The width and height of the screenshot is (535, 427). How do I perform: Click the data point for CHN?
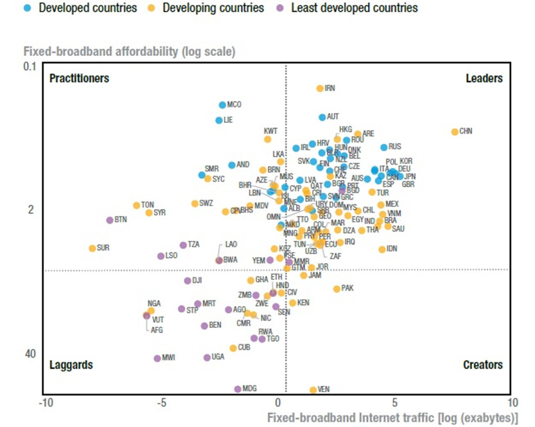pyautogui.click(x=455, y=132)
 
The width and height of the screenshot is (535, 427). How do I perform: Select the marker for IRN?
pyautogui.click(x=320, y=88)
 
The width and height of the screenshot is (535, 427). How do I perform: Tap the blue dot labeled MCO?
pyautogui.click(x=222, y=105)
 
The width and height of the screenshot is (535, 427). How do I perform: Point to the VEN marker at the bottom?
pyautogui.click(x=313, y=390)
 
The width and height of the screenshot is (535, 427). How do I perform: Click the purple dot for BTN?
pyautogui.click(x=110, y=220)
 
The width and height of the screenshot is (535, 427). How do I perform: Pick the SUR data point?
pyautogui.click(x=92, y=248)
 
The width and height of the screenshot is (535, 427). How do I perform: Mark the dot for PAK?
pyautogui.click(x=337, y=289)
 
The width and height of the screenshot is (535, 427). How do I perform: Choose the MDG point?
pyautogui.click(x=238, y=389)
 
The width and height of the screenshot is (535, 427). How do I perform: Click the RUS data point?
pyautogui.click(x=384, y=147)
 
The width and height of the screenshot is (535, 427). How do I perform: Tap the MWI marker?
pyautogui.click(x=157, y=358)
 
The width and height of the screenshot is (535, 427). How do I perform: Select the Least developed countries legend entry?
pyautogui.click(x=347, y=8)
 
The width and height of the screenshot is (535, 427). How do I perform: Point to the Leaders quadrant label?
pyautogui.click(x=484, y=78)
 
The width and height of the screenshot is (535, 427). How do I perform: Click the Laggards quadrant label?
pyautogui.click(x=71, y=365)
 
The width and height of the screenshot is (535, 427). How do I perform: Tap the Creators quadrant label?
pyautogui.click(x=482, y=365)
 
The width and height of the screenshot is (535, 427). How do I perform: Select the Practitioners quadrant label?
pyautogui.click(x=79, y=78)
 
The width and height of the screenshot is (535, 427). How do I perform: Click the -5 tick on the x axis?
pyautogui.click(x=162, y=403)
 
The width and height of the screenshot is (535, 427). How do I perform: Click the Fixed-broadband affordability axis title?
pyautogui.click(x=129, y=51)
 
